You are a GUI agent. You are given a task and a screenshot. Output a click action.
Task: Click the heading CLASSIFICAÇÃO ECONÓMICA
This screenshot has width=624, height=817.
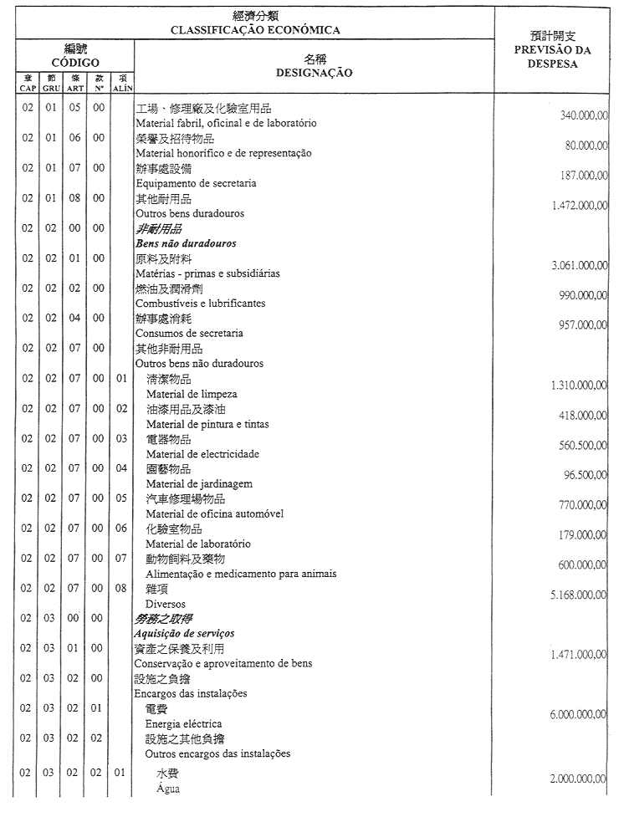(x=255, y=30)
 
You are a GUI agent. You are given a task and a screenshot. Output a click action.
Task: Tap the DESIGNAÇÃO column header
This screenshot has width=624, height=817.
(x=314, y=73)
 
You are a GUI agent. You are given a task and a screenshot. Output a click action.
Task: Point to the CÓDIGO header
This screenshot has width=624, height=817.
(x=75, y=63)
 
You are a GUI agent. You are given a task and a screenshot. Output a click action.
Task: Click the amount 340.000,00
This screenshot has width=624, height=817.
(x=583, y=115)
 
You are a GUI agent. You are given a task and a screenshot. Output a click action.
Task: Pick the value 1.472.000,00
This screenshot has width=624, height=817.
(x=580, y=206)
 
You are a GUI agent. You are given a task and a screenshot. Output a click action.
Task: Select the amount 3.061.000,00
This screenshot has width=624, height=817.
(x=580, y=265)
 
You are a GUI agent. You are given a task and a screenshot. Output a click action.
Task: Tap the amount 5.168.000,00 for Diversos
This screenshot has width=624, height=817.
(x=580, y=595)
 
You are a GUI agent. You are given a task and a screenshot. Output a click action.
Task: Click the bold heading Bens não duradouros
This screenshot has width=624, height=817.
(x=186, y=243)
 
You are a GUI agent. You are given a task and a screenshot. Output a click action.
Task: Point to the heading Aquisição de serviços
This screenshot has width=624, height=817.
(x=185, y=634)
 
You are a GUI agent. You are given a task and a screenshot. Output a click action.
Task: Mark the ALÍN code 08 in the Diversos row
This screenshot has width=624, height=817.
(x=121, y=588)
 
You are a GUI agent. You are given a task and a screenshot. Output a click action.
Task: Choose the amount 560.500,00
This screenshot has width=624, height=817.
(x=583, y=445)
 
